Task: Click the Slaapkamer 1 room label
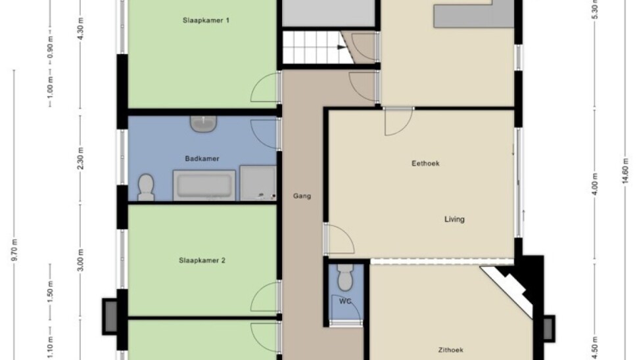click(206, 20)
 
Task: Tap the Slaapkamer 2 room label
click(202, 261)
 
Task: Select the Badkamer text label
click(202, 159)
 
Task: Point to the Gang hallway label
click(302, 196)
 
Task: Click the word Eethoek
click(425, 164)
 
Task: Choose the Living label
click(454, 219)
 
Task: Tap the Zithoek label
click(451, 350)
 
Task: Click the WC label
click(344, 302)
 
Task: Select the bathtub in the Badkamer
click(204, 185)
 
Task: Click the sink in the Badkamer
click(203, 124)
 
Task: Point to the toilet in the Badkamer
click(146, 187)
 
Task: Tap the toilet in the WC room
click(346, 277)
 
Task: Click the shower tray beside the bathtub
click(258, 183)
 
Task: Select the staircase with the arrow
click(318, 48)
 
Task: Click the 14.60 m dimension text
click(626, 168)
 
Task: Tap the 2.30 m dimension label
click(81, 159)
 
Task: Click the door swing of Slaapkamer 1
click(265, 87)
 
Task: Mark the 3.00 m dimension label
click(81, 260)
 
